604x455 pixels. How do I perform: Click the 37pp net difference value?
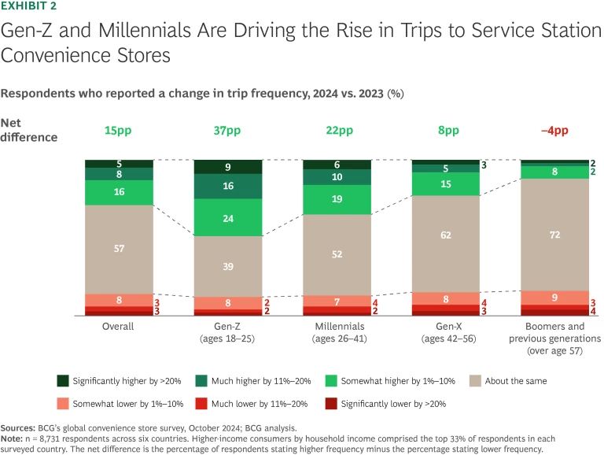(227, 129)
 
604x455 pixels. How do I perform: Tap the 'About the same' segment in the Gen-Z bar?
(227, 266)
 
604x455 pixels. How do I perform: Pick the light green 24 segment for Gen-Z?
(227, 218)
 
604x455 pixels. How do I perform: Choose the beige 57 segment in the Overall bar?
(119, 249)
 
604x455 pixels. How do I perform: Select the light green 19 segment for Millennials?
(337, 200)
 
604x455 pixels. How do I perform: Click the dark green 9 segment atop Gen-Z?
(227, 167)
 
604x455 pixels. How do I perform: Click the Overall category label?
(119, 326)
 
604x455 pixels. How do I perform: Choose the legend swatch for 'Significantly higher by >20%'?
(64, 381)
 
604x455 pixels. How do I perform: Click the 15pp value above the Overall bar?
(119, 129)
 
